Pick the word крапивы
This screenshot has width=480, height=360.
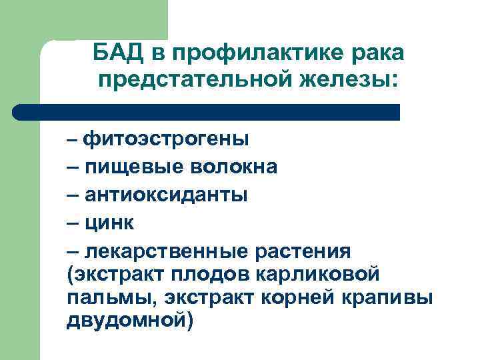point(391,297)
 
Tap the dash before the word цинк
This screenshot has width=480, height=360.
point(73,223)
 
